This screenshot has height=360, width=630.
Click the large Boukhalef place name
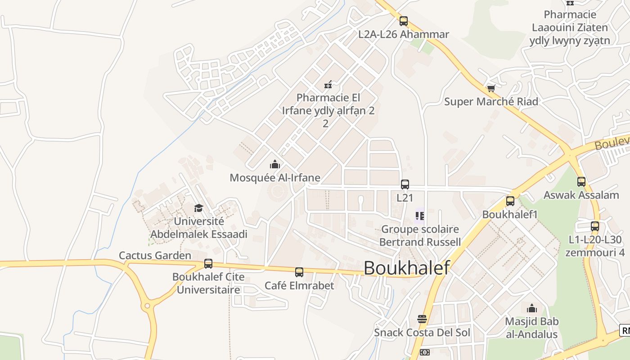[406, 268]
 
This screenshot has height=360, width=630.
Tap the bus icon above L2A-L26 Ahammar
[404, 21]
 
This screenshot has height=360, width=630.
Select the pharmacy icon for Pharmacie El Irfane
[328, 84]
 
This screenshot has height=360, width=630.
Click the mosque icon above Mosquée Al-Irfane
[274, 164]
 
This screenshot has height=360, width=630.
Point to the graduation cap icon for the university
[198, 207]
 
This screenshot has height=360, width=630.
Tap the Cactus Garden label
[155, 256]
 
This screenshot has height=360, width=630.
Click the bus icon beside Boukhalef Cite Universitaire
[208, 264]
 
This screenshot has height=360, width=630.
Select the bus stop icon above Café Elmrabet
[299, 272]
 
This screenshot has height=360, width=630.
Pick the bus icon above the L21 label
[405, 184]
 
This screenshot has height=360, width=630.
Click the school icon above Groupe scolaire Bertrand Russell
[419, 216]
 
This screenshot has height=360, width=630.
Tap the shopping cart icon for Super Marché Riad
[491, 88]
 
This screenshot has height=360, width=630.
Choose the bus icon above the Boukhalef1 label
[510, 201]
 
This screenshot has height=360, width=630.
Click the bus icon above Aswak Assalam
[581, 182]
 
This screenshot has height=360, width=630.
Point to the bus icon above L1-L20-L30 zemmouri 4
[595, 226]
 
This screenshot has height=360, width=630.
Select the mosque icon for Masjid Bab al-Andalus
[531, 308]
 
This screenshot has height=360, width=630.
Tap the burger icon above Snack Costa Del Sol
[422, 319]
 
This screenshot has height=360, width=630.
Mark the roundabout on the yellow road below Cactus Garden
[147, 306]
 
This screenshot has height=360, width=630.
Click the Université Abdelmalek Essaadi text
[198, 228]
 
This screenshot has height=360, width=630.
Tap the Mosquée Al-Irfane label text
[275, 178]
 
